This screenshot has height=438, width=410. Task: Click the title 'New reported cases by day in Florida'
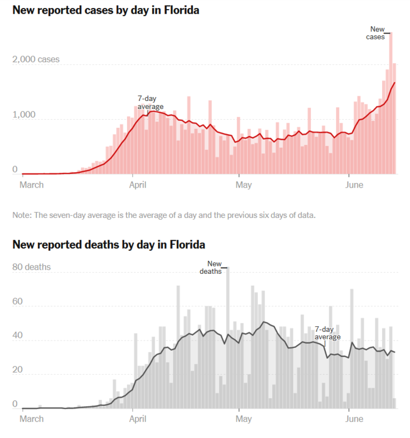coord(105,10)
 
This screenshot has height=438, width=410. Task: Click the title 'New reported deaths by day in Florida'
coord(109,245)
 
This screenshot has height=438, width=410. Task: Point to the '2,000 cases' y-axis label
coord(35,59)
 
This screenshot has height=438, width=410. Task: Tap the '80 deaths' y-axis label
coord(31,267)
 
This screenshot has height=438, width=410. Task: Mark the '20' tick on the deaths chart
coord(18,370)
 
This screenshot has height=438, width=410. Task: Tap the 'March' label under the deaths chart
coord(32,419)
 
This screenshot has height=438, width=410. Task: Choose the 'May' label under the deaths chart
coord(243,419)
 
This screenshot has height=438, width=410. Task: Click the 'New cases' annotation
coord(377,33)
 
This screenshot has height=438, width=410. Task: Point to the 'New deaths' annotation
coord(213,267)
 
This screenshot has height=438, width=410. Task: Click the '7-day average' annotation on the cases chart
coord(150,102)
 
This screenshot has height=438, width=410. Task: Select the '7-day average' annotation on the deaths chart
coord(327,333)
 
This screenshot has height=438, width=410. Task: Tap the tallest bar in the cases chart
coord(390,103)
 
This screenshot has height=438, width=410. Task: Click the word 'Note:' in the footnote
coord(22,215)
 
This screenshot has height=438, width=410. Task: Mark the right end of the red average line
coord(395,83)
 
